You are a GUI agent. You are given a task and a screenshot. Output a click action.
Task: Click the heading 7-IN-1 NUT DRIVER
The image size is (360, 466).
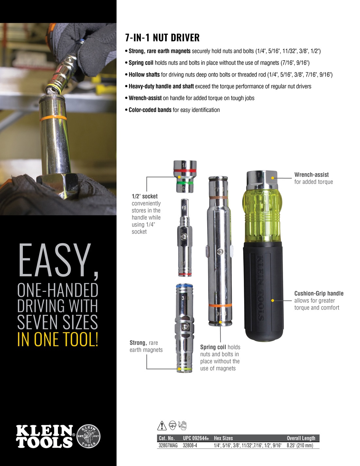tap(162, 38)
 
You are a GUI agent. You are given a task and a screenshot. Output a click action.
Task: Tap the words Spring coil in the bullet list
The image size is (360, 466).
tap(141, 63)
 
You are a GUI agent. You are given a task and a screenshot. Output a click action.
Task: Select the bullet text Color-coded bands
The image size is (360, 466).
tap(150, 110)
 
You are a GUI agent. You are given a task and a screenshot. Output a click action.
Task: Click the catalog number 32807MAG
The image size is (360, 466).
tap(168, 445)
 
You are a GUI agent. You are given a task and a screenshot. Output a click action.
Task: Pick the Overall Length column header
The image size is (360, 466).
tap(301, 438)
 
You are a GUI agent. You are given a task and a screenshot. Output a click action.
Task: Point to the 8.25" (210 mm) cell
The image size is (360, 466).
tap(300, 445)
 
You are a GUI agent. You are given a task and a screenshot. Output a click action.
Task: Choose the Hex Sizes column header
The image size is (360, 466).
tap(223, 438)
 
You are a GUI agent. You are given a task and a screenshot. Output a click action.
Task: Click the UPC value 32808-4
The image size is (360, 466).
tap(190, 445)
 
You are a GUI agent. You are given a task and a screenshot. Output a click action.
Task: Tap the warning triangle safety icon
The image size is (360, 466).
tap(162, 425)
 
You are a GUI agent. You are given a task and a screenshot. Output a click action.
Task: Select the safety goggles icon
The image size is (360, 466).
tap(172, 425)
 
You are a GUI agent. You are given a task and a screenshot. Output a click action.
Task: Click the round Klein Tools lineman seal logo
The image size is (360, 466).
tap(88, 437)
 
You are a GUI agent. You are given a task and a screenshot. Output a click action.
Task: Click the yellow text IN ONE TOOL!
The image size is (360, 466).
tap(58, 339)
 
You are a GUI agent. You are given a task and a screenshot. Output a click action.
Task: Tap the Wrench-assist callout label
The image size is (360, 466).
tap(311, 175)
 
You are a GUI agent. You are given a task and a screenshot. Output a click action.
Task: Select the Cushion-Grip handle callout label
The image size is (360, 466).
tap(319, 294)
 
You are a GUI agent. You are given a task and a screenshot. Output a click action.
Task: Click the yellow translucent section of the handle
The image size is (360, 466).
tap(261, 216)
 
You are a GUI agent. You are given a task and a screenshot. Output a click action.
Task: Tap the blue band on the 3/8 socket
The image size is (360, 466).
tap(184, 286)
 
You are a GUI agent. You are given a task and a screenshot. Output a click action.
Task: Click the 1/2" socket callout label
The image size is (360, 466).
tap(145, 196)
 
